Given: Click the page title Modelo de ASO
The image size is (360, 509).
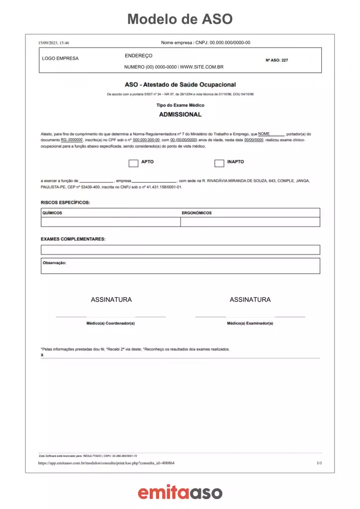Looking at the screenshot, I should (x=180, y=19).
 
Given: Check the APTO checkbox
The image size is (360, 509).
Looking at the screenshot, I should (x=133, y=163).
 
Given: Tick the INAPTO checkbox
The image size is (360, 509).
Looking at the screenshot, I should (x=219, y=163).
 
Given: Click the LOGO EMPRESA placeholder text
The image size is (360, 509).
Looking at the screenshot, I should (x=61, y=59).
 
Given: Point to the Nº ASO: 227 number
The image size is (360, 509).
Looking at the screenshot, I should (x=277, y=60).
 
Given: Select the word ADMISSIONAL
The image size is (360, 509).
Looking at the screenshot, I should (x=180, y=114).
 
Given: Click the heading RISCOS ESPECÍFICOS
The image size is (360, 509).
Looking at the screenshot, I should (x=65, y=202).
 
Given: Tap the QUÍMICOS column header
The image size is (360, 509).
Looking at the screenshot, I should (x=52, y=213).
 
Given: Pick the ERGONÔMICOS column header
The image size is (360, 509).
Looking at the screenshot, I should (x=197, y=213).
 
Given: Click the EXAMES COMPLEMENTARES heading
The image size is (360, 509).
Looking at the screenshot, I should (x=73, y=239).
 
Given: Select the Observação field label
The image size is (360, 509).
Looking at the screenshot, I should (x=55, y=262).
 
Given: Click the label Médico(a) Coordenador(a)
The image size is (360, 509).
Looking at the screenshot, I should (x=111, y=323).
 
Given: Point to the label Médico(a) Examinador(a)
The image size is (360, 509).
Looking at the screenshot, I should (x=250, y=323).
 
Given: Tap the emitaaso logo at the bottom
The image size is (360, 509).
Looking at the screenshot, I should (x=180, y=493).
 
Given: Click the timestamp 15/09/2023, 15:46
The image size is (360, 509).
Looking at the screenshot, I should (x=54, y=43).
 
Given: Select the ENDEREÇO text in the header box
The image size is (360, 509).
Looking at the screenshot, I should (x=139, y=56).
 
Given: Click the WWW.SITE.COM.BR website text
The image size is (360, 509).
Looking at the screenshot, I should (x=202, y=67).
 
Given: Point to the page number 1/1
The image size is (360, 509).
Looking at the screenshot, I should (x=319, y=463).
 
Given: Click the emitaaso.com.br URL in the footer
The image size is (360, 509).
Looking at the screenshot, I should (x=106, y=463).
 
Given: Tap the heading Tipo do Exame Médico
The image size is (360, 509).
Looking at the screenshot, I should (x=180, y=105).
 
